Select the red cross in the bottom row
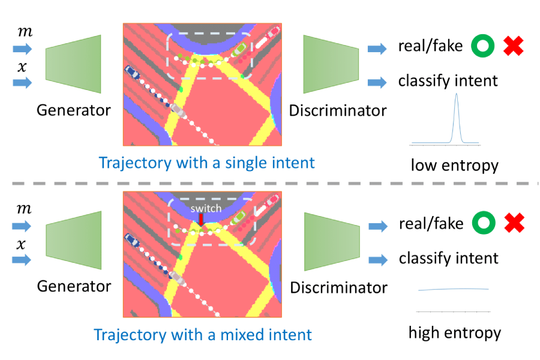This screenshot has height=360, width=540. point(514,224)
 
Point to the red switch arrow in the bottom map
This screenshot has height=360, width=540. point(199,223)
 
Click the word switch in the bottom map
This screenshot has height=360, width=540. point(206,209)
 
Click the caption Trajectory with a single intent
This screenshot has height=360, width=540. point(206,163)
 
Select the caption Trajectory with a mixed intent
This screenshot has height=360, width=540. point(205,334)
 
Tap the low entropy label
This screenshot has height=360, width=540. point(454,164)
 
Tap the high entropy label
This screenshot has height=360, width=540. point(455,332)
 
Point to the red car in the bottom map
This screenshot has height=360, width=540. point(274,201)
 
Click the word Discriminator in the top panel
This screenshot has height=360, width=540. point(337,112)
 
